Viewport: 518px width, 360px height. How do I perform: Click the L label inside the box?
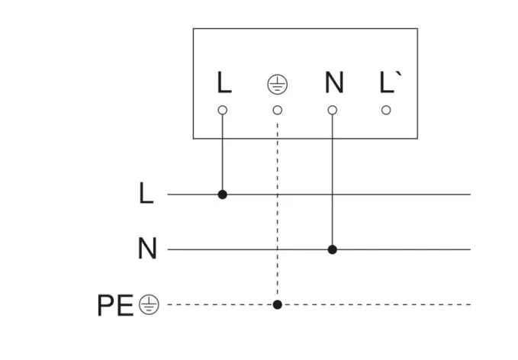tap(223, 83)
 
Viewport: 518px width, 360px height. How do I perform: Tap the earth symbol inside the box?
tap(277, 84)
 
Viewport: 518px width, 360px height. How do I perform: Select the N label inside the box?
tap(333, 83)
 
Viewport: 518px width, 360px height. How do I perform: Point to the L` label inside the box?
tap(388, 82)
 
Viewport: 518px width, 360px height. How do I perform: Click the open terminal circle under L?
tap(223, 110)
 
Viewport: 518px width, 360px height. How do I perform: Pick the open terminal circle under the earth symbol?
tap(278, 110)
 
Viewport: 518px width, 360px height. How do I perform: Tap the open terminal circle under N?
tap(333, 110)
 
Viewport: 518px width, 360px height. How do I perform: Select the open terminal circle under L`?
tap(387, 110)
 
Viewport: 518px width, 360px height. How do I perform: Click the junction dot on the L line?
tap(223, 194)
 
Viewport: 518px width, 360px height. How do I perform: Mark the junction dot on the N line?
tap(333, 249)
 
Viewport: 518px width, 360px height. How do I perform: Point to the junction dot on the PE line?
tap(278, 304)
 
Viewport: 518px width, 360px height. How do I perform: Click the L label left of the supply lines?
tap(146, 194)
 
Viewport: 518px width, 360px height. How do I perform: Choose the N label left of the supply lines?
tap(146, 249)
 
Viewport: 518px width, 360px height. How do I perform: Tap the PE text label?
tap(115, 305)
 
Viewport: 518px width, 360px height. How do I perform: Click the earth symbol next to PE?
tap(149, 305)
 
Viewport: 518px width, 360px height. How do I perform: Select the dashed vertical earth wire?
tap(278, 221)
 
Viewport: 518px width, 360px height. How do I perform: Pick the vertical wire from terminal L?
tap(223, 153)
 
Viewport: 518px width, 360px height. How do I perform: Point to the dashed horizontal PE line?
tap(381, 304)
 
